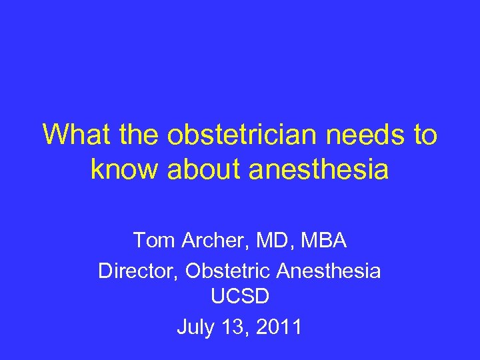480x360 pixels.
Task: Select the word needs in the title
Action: (361, 135)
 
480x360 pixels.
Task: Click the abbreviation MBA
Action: (323, 239)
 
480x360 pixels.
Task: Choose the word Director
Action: (138, 271)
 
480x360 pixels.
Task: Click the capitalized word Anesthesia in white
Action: (333, 271)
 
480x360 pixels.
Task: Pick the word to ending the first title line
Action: (424, 135)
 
